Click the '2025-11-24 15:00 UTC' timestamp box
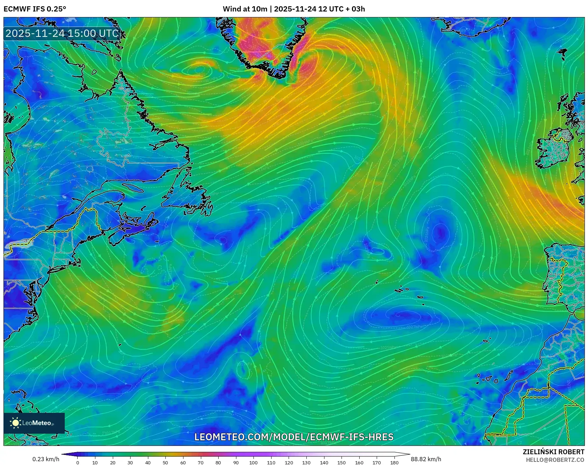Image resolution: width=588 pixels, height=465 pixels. tap(62, 33)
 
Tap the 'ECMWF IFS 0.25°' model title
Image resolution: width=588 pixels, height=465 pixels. tap(35, 9)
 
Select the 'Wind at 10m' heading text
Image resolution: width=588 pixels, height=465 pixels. tap(245, 9)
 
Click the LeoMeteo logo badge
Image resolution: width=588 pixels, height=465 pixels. tap(34, 423)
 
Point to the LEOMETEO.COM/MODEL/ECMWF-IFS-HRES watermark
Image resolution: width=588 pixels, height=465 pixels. tap(294, 437)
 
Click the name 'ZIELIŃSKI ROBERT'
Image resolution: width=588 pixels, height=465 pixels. tap(554, 452)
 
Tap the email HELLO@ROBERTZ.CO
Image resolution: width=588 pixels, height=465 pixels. tap(555, 460)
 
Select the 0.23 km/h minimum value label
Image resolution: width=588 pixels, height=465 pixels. tap(46, 459)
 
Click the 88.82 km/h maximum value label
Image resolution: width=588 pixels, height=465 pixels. tap(426, 459)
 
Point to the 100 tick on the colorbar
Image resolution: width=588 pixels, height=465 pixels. tap(253, 462)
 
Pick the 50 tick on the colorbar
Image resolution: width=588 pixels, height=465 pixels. tap(165, 462)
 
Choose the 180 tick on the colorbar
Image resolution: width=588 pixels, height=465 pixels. tap(394, 462)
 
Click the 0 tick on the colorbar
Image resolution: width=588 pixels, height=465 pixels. tap(78, 462)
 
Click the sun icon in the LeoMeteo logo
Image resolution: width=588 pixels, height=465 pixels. tap(15, 423)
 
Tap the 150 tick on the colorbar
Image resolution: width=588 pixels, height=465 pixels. tap(342, 462)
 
